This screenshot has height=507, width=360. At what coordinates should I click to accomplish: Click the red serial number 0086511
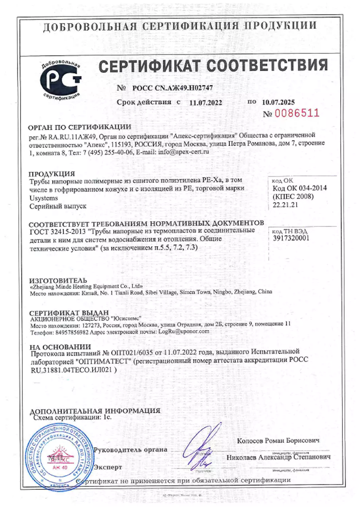point(297,113)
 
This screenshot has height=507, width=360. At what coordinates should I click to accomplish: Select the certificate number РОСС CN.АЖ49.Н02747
point(172,88)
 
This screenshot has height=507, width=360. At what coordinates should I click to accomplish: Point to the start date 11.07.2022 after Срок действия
point(206,103)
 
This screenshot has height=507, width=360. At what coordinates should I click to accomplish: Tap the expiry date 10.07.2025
point(278,102)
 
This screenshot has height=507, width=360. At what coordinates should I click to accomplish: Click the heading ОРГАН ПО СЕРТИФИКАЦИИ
point(79,127)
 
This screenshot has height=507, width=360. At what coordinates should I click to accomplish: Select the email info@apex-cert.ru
point(183,152)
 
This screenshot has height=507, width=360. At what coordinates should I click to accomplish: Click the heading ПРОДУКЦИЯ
point(52,174)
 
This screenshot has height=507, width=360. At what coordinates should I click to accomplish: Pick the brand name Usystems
point(43,198)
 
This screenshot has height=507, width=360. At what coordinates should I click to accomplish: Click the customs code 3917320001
point(291,238)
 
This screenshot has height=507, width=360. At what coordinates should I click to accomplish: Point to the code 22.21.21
point(285,205)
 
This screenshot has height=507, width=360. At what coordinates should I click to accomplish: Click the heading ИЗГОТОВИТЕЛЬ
point(58,280)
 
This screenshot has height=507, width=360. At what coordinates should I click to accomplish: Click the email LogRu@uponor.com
point(184,331)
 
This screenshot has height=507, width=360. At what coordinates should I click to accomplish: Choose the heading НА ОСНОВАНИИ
point(60,347)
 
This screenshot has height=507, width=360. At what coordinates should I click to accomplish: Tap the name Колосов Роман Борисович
point(278,441)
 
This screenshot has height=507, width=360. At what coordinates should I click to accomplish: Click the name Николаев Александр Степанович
point(278,457)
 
